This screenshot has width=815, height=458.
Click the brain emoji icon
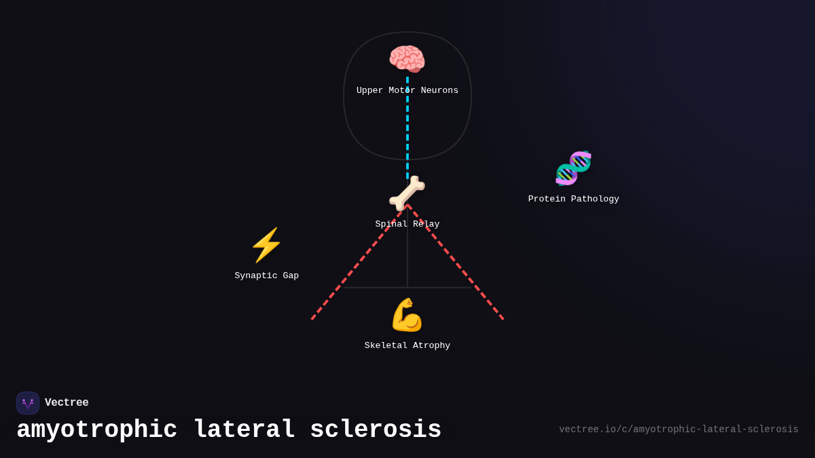tap(407, 58)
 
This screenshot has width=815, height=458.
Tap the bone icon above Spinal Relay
tap(407, 193)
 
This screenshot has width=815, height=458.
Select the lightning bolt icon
tap(266, 245)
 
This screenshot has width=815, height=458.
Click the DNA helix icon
tap(573, 168)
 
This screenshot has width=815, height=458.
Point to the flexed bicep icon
tap(407, 315)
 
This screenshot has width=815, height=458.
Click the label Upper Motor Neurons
tap(407, 91)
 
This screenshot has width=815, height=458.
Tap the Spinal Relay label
tap(407, 225)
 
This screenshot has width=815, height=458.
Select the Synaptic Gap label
tap(267, 276)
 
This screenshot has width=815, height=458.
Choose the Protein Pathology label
tap(574, 199)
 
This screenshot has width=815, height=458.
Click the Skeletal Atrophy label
tap(407, 346)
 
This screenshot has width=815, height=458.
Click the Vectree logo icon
tap(28, 403)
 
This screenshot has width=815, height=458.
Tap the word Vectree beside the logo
tap(67, 403)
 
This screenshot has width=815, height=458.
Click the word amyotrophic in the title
tap(97, 430)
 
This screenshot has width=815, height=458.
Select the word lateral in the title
tap(244, 430)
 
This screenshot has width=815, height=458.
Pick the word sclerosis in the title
tap(376, 430)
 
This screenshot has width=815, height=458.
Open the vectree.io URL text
tap(678, 430)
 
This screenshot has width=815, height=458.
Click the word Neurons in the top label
tap(439, 91)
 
